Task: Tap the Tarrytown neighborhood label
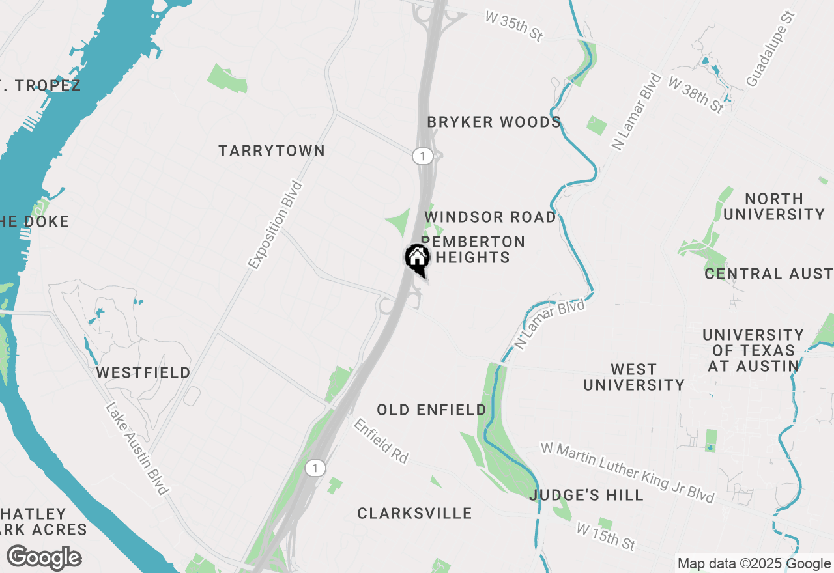click(x=272, y=150)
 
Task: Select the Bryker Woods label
click(x=494, y=122)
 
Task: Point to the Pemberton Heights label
click(x=474, y=249)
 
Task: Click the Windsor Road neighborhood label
click(x=491, y=217)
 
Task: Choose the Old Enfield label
click(x=431, y=410)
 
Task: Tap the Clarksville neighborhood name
click(x=414, y=513)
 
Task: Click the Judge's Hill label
click(x=586, y=495)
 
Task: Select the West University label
click(x=634, y=377)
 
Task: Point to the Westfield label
click(x=143, y=372)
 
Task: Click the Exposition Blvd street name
click(x=276, y=225)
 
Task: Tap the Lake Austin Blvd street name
click(x=137, y=449)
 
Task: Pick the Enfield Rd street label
click(x=381, y=441)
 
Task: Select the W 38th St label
click(x=696, y=94)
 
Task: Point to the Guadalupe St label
click(x=771, y=48)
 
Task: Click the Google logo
click(x=44, y=557)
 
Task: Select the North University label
click(x=774, y=206)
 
